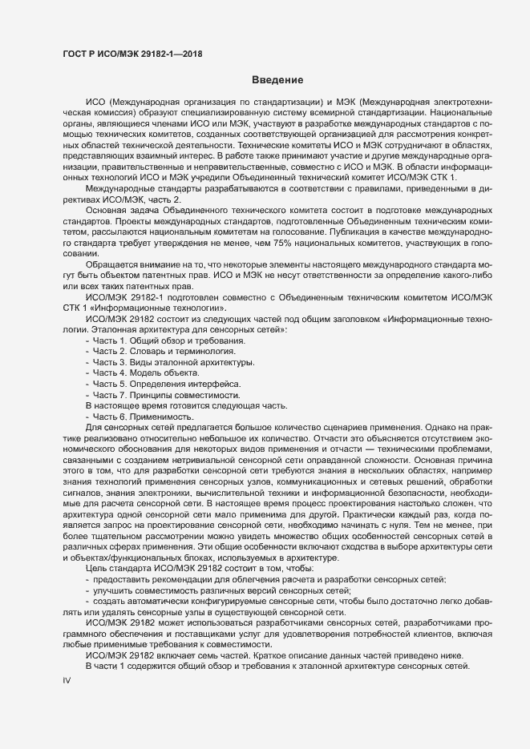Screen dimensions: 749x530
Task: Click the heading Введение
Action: (277, 80)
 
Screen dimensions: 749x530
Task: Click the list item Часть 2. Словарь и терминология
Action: (164, 352)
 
